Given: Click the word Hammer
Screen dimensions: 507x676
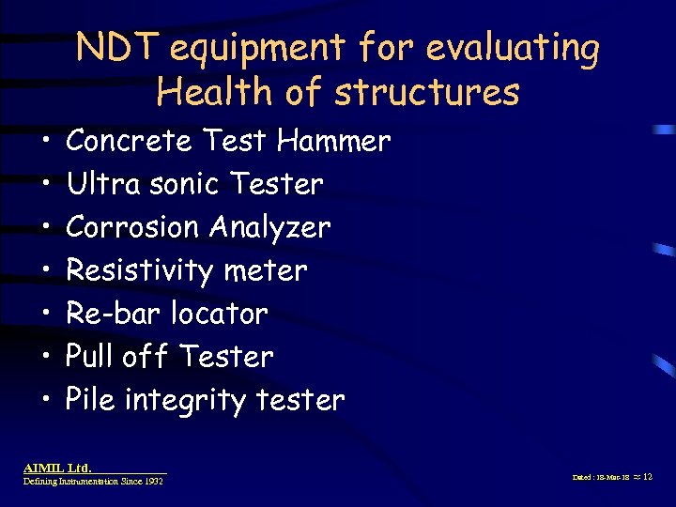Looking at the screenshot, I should (x=333, y=141).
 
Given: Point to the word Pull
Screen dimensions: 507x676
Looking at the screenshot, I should (x=90, y=357).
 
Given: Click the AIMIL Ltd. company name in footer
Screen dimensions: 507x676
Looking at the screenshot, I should (x=57, y=467).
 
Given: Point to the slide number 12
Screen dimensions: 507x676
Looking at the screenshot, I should (x=647, y=477).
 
